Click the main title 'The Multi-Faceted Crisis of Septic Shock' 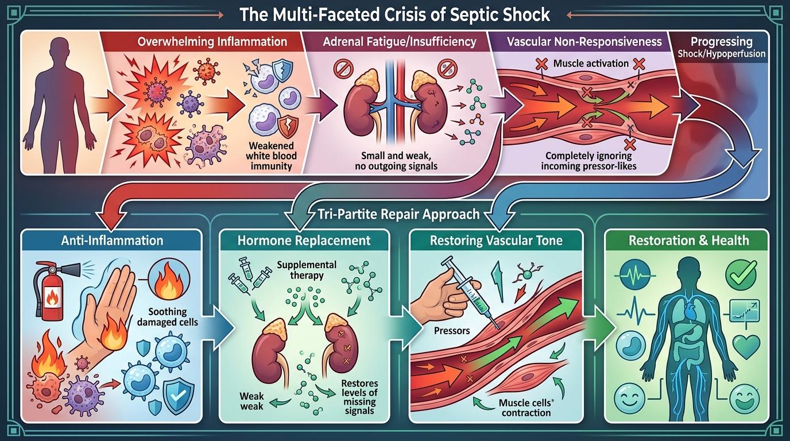click(394, 13)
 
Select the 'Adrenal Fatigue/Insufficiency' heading click(400, 41)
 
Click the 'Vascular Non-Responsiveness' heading click(584, 41)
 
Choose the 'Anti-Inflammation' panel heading click(112, 240)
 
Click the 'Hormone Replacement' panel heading click(304, 240)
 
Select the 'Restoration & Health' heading click(688, 240)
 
